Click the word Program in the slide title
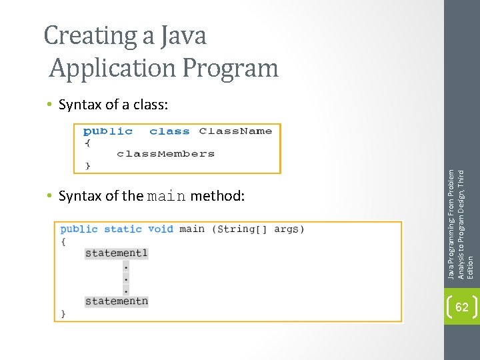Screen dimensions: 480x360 click(x=232, y=68)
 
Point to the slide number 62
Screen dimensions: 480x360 click(x=461, y=307)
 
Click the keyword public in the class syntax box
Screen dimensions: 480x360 click(x=107, y=131)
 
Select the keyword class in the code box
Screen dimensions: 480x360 click(x=169, y=131)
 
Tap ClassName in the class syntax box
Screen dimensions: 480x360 click(x=235, y=131)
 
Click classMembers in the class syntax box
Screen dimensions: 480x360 click(x=165, y=153)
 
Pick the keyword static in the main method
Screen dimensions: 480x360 click(x=123, y=229)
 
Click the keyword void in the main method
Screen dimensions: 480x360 click(x=161, y=229)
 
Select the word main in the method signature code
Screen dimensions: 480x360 click(x=192, y=229)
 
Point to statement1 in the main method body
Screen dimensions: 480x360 click(x=116, y=253)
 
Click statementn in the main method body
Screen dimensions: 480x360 click(x=116, y=301)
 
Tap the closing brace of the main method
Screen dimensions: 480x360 click(x=64, y=313)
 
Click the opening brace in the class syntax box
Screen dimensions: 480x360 click(x=87, y=142)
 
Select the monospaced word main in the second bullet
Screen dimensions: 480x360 click(x=167, y=197)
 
